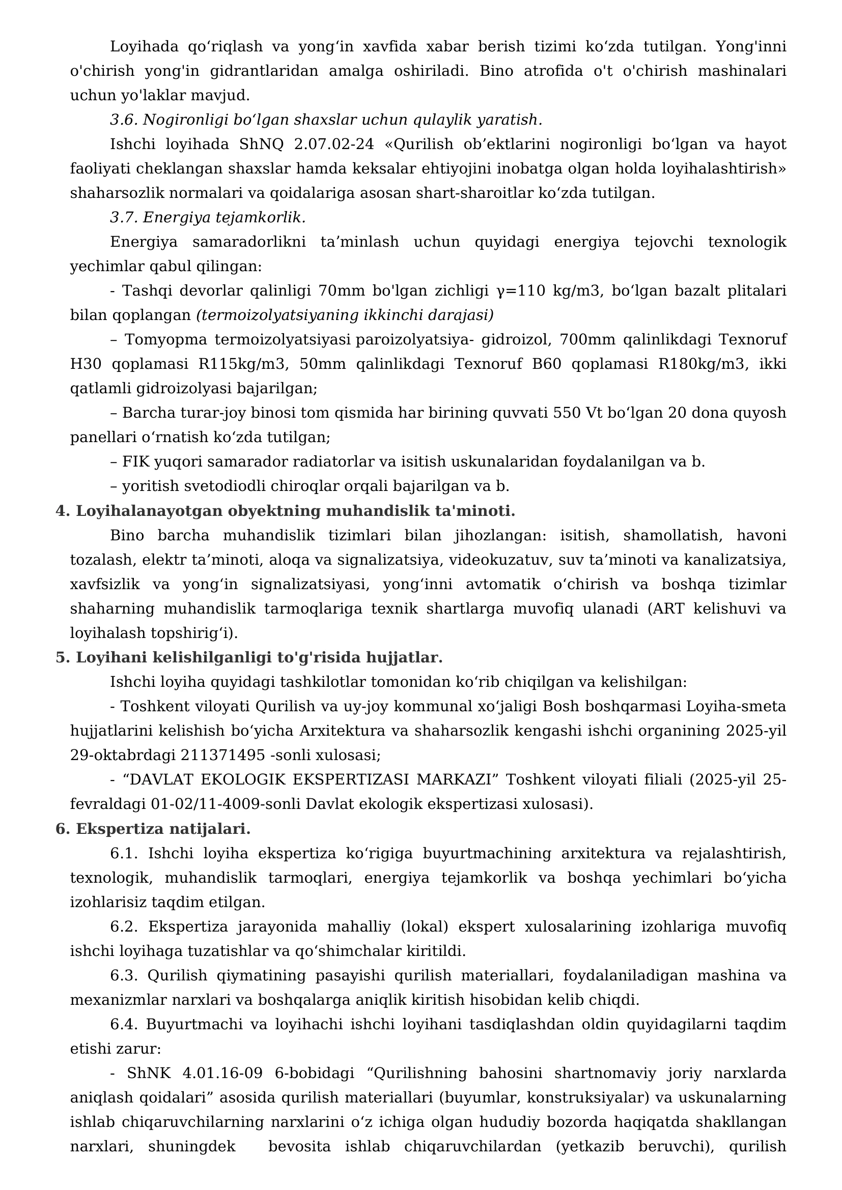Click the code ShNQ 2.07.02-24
tap(306, 144)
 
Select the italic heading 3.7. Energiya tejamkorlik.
tap(207, 218)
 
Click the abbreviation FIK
tap(136, 462)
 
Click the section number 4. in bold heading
tap(63, 511)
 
